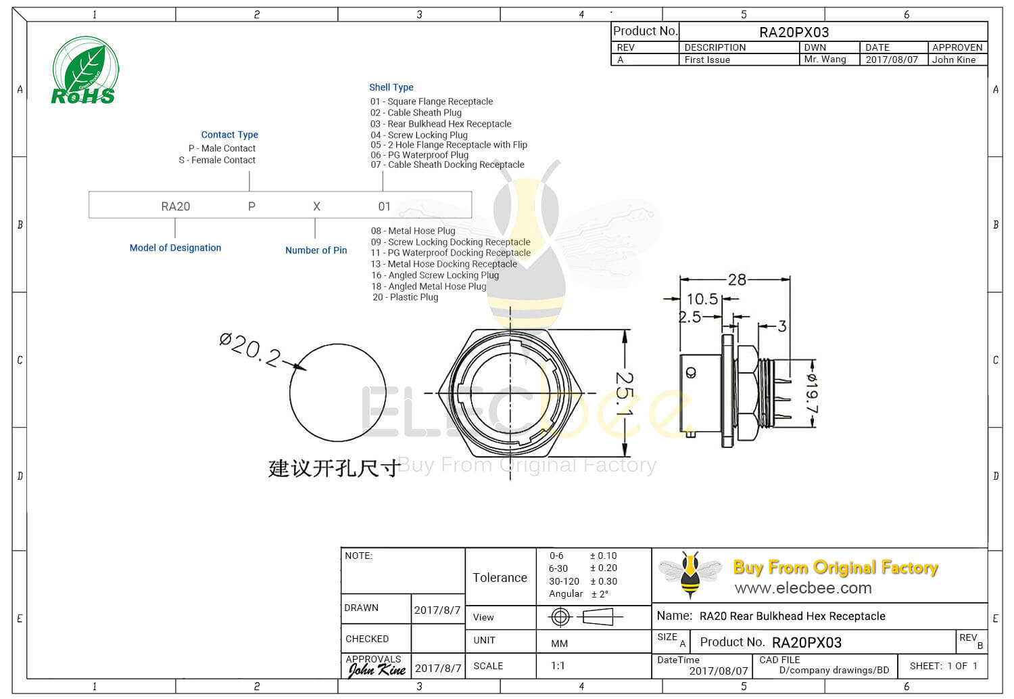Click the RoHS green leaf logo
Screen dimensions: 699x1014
84,70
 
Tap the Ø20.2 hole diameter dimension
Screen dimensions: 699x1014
249,348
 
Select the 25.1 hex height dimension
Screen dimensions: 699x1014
624,393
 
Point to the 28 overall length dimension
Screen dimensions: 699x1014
736,279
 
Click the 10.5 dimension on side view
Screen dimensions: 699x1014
702,298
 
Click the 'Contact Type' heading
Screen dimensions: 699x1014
229,135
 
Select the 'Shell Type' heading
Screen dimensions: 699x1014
391,87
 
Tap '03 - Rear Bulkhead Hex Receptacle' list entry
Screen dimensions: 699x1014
441,124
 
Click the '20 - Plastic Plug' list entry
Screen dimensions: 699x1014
405,297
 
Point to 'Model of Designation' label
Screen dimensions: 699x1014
175,248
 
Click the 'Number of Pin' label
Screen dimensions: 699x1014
316,250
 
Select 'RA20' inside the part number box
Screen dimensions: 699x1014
175,206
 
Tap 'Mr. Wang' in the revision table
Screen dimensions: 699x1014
825,60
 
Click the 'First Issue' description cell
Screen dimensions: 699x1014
707,60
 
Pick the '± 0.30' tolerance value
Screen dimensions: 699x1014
603,581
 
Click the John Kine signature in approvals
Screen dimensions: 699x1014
377,670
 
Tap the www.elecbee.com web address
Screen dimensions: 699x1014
803,588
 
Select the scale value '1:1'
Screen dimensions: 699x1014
558,666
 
